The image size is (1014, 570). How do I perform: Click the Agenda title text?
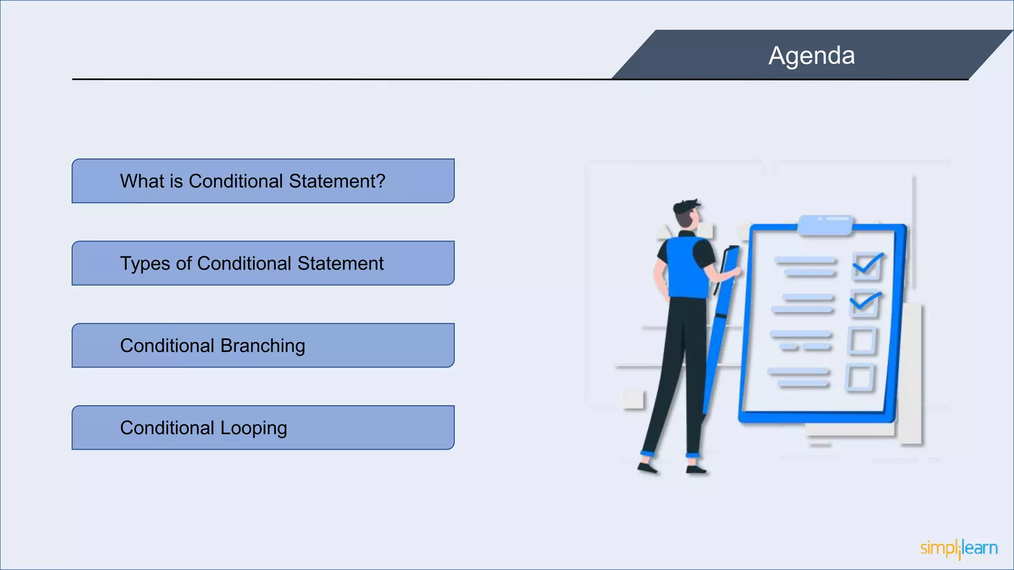[811, 55]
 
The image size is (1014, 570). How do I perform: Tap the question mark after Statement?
[380, 181]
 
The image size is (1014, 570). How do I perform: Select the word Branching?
[262, 346]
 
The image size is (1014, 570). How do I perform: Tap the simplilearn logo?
[959, 548]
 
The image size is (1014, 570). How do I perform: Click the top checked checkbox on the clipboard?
[867, 266]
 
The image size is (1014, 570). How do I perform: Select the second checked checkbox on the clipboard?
[864, 304]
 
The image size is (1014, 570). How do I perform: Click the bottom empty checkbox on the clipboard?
[860, 379]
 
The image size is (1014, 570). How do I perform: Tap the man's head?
[687, 213]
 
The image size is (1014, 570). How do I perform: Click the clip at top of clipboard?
[825, 224]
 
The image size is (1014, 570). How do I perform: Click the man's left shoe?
[647, 468]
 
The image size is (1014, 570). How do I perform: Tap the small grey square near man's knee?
[633, 399]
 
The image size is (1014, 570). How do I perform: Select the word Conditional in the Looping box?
[167, 428]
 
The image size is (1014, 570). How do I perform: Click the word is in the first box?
[176, 181]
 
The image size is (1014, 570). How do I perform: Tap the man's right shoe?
[696, 469]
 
